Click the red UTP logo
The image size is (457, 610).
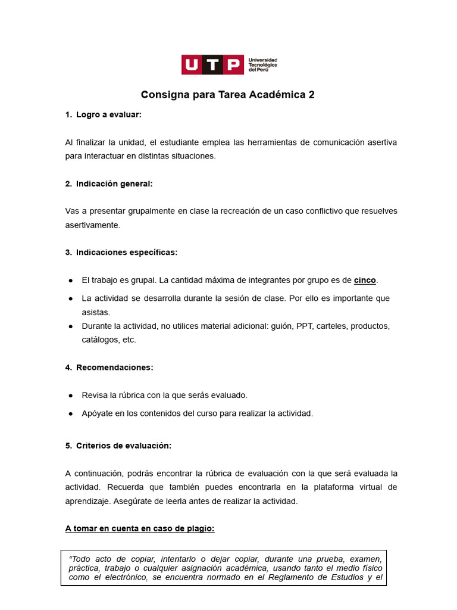212,64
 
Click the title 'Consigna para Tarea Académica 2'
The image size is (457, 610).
228,95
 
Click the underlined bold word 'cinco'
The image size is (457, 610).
365,280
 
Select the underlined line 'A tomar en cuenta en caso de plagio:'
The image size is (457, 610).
140,528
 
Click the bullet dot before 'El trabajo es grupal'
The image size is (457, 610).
70,281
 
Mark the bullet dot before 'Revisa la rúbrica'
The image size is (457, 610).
70,396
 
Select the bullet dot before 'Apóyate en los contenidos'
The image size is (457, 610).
70,413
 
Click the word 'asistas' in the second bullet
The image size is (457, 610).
96,312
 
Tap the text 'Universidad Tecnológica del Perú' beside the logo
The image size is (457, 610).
262,65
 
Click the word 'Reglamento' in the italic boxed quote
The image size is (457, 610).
291,577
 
